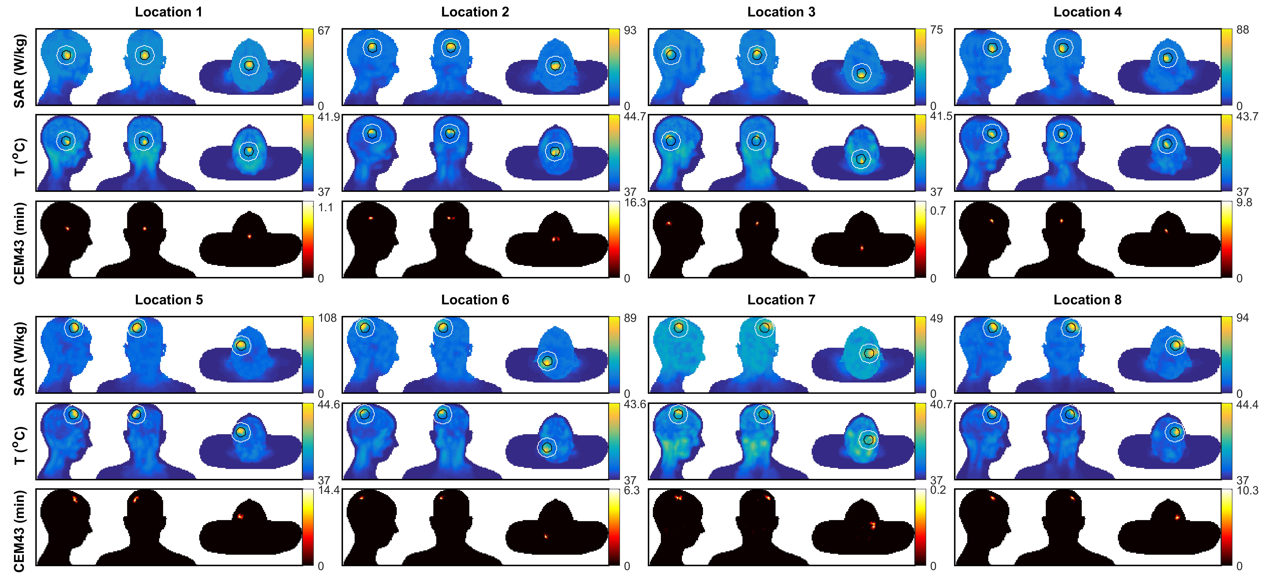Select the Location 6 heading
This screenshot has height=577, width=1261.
(475, 300)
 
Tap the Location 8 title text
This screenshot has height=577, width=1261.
(1087, 300)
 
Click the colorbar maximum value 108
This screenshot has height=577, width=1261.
(327, 318)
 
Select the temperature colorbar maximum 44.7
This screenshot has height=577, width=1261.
(635, 117)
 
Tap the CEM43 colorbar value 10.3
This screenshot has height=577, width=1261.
(1247, 490)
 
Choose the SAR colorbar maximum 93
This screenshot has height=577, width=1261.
(630, 30)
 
